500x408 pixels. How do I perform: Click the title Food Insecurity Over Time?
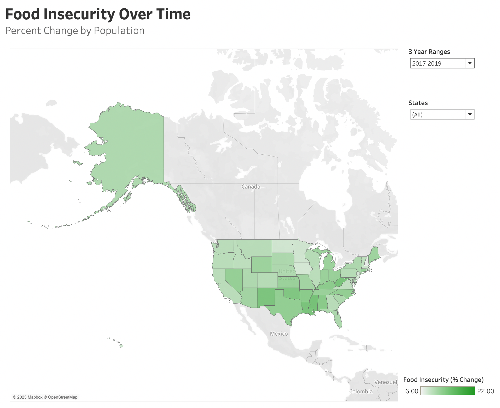pos(98,14)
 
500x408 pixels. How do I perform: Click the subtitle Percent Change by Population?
pos(75,31)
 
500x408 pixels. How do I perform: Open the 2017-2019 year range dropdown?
pos(442,63)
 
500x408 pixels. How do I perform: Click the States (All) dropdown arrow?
pos(470,114)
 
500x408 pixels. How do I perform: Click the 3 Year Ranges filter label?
pos(429,52)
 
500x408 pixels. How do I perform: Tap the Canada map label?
pos(251,187)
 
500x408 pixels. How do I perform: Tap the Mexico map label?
pos(279,334)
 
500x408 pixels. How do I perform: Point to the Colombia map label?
pos(361,392)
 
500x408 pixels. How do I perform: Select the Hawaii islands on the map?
pos(121,346)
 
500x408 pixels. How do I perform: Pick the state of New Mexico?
pos(266,297)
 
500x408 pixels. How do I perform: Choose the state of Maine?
pos(374,255)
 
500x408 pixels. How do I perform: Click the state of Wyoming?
pos(261,264)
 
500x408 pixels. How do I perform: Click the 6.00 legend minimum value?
pos(412,391)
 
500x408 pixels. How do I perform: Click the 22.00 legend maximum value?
pos(485,391)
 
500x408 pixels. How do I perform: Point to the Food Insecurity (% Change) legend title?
pos(443,380)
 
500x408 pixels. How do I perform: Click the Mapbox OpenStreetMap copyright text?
pos(45,397)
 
